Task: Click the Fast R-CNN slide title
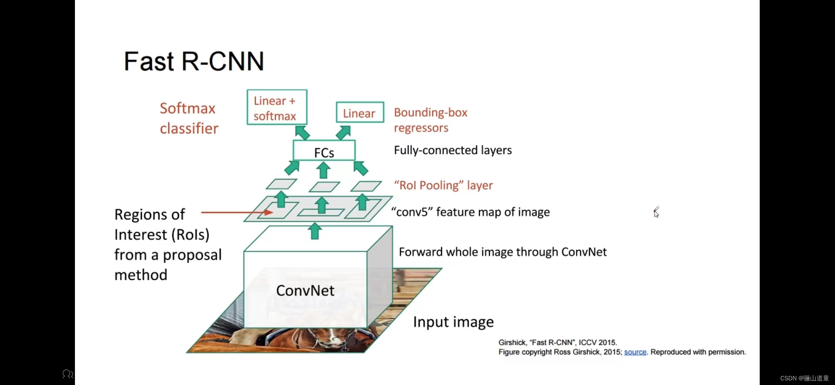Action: [x=194, y=61]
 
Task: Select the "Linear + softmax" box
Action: [x=277, y=107]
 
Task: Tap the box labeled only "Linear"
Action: [x=360, y=113]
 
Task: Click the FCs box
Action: [x=324, y=151]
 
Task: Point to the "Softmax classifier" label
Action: [x=189, y=118]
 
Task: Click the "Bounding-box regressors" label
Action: [x=430, y=120]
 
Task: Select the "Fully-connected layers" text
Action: [x=452, y=150]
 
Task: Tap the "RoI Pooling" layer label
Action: [x=443, y=185]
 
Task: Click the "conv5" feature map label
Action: [x=470, y=212]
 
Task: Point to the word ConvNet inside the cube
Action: [x=305, y=291]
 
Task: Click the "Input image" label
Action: [x=453, y=322]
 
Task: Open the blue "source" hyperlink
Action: [x=635, y=352]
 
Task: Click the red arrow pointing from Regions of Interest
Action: [x=237, y=212]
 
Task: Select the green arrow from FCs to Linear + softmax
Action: [x=302, y=133]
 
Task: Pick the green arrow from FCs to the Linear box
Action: [x=343, y=133]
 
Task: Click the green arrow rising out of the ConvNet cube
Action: [x=315, y=231]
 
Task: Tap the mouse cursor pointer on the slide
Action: [x=656, y=213]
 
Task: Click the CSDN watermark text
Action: [x=804, y=378]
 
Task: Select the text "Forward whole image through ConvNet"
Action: [x=502, y=252]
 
